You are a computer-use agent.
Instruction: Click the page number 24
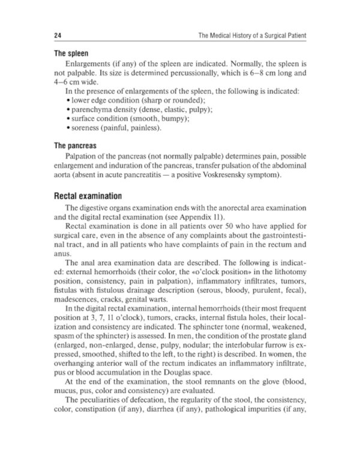tap(58, 36)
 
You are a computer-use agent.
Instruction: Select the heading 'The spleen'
tap(71, 53)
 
